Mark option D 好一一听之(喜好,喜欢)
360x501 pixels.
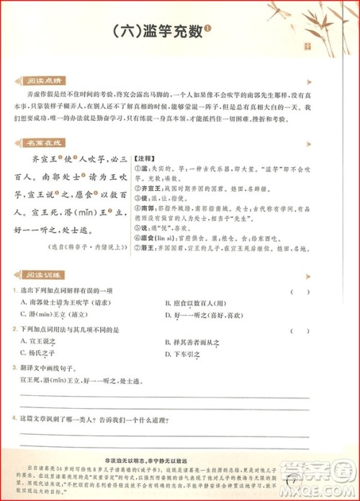[209, 315]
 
